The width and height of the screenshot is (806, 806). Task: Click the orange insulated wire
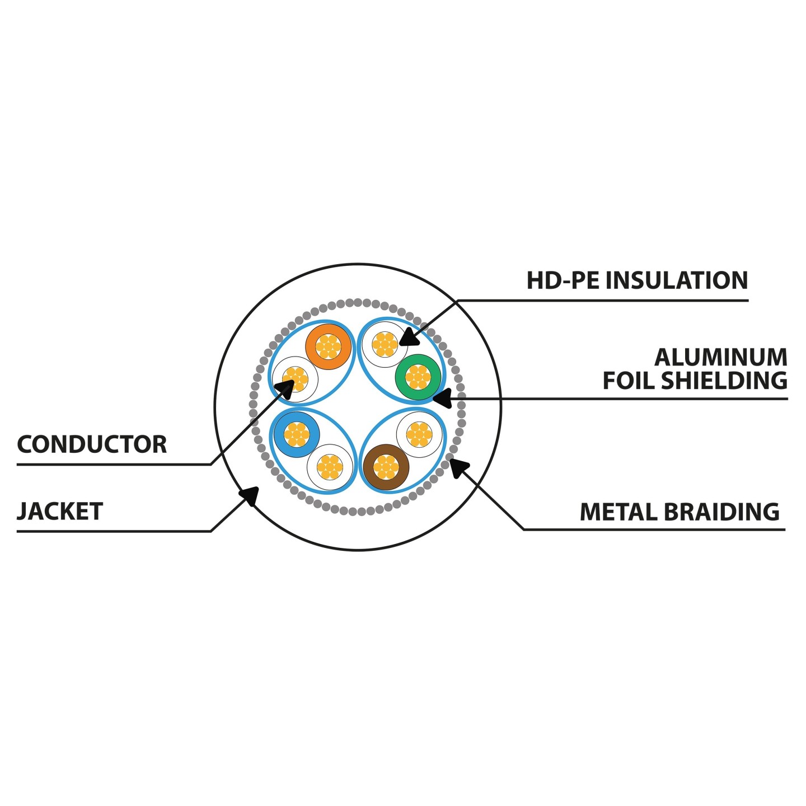[329, 346]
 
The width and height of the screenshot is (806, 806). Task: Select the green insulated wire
[418, 377]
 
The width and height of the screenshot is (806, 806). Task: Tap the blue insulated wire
[296, 434]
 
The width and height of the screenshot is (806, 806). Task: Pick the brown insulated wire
[386, 467]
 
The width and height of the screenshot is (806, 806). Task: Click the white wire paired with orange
[296, 379]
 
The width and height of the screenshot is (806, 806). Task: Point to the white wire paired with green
[385, 344]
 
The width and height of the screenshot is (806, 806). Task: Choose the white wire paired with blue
[330, 467]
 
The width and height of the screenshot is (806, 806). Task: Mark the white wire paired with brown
[419, 434]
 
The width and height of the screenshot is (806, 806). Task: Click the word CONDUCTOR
[92, 444]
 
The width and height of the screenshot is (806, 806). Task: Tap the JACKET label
[60, 511]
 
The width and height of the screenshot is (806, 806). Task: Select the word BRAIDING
[721, 512]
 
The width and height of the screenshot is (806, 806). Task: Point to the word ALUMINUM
[721, 357]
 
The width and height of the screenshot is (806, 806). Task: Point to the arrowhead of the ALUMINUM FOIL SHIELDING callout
[441, 398]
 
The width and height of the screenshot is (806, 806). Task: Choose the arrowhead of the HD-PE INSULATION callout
[409, 337]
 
